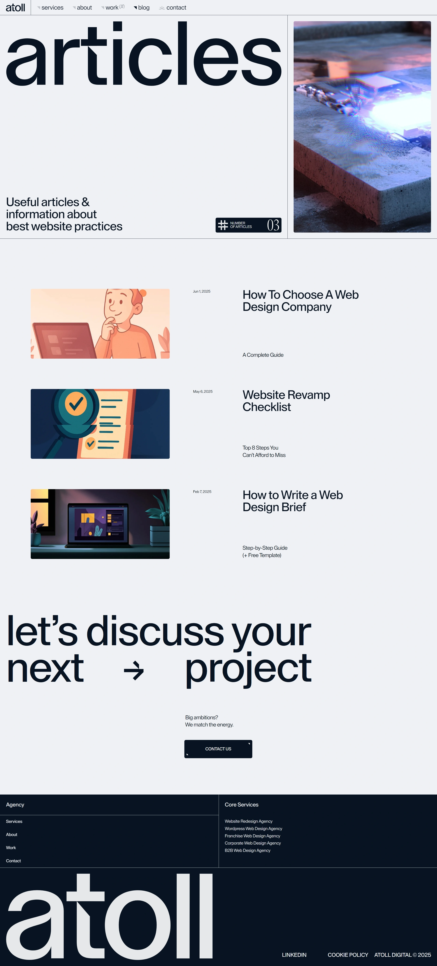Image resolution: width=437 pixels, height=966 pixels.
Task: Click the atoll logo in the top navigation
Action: coord(15,8)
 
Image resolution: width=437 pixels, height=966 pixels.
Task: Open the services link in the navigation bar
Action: coord(52,8)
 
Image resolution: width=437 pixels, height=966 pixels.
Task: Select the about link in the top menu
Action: coord(84,8)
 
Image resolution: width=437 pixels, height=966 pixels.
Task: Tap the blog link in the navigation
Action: coord(144,8)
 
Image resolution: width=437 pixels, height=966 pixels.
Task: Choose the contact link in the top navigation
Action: coord(176,8)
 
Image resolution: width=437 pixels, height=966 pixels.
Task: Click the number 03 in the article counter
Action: coord(273,225)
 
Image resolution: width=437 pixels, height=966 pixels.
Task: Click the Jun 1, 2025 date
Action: coord(201,291)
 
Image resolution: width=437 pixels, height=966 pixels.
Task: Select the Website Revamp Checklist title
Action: coord(286,401)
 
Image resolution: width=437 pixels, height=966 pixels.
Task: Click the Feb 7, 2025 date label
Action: coord(202,492)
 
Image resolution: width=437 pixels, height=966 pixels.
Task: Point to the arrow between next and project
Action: coord(134,671)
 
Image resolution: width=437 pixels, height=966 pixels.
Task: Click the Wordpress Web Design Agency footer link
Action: coord(253,828)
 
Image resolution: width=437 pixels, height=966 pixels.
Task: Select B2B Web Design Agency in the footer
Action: coord(248,850)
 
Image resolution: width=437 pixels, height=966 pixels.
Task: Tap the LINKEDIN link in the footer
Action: coord(294,955)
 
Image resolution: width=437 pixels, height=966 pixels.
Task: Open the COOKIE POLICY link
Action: coord(348,955)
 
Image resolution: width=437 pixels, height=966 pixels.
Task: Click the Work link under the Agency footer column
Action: coord(11,847)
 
